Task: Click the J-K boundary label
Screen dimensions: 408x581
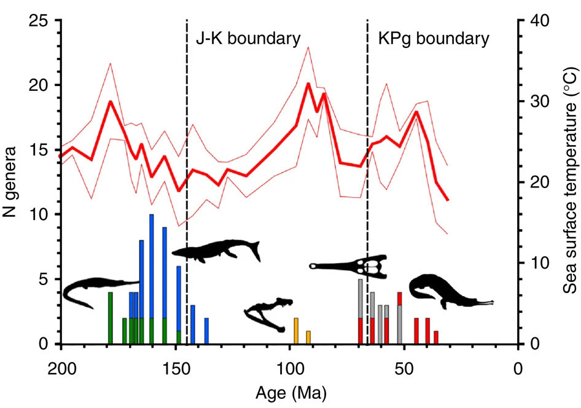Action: (x=248, y=39)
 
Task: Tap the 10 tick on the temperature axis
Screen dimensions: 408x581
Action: (x=539, y=264)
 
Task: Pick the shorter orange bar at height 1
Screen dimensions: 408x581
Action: (x=308, y=337)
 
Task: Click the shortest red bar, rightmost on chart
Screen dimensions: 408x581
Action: (x=436, y=337)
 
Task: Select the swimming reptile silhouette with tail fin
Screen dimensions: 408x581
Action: (x=216, y=251)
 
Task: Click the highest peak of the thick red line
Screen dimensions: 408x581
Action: (x=308, y=84)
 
